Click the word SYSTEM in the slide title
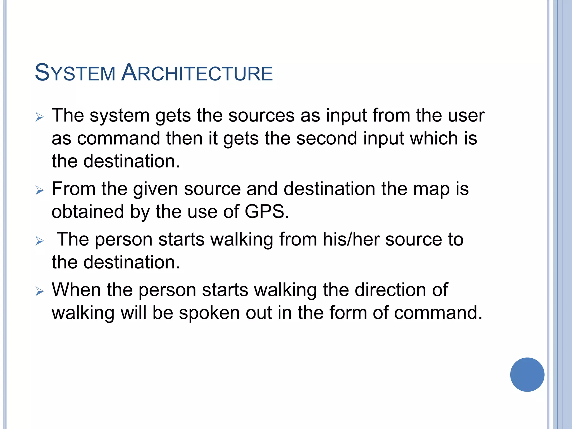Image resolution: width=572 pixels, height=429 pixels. click(75, 73)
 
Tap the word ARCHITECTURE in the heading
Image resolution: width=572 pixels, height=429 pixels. click(197, 73)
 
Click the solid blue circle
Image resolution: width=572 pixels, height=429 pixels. click(527, 375)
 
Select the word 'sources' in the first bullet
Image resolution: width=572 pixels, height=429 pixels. click(261, 116)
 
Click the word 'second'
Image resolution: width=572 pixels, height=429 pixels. click(326, 139)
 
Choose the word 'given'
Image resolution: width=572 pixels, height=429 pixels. click(155, 189)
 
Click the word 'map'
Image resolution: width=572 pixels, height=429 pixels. click(431, 189)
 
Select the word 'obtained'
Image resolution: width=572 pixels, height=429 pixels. click(87, 212)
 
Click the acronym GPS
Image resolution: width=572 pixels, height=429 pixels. click(266, 212)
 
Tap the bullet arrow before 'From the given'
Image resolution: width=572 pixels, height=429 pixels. click(40, 191)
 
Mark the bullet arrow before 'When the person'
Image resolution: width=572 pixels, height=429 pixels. click(40, 292)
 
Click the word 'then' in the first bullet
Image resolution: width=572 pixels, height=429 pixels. click(184, 139)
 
